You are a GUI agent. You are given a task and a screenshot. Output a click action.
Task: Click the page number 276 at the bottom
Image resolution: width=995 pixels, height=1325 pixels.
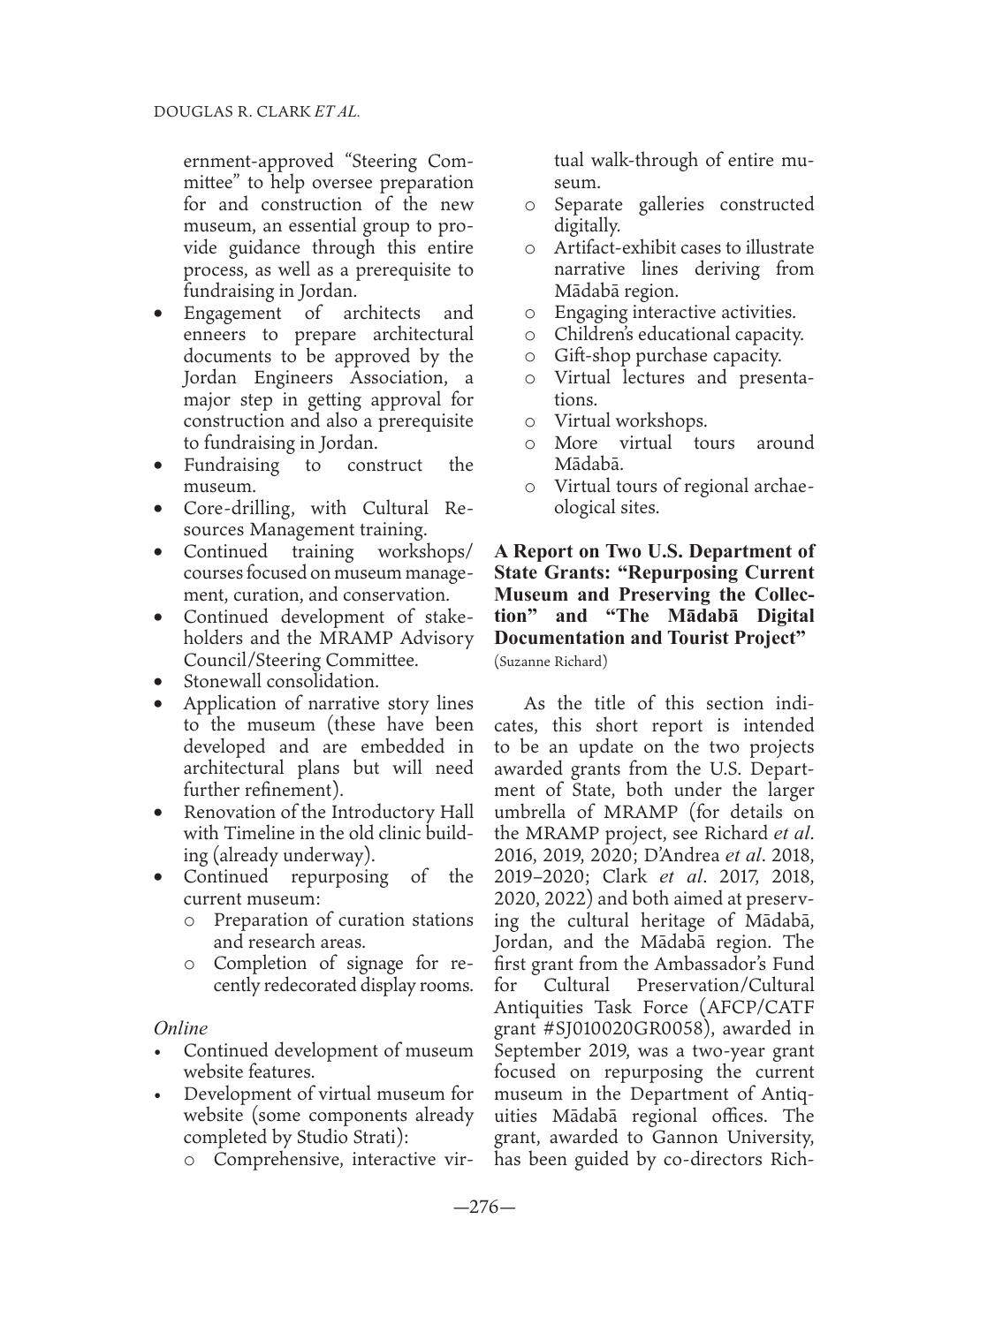point(483,1207)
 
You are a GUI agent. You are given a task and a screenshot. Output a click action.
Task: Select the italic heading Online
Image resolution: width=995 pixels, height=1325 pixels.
point(181,1029)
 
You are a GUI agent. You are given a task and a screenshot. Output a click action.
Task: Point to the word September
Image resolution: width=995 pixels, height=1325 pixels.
point(536,1050)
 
